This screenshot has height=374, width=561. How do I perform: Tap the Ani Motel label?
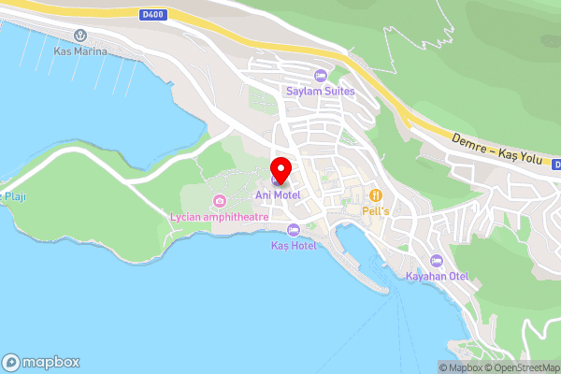coord(279,194)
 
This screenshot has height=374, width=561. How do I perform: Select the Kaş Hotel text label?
coord(294,245)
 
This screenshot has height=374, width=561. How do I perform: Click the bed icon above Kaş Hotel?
coord(294,230)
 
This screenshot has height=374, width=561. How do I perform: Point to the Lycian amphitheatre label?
coord(220,216)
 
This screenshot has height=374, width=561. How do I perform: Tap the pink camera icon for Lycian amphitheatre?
coord(219,201)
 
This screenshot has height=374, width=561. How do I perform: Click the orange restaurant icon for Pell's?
coord(376,195)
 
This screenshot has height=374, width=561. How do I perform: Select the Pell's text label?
coord(376,210)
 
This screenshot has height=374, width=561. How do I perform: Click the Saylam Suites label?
coord(320,91)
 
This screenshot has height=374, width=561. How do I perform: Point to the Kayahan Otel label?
coord(436,276)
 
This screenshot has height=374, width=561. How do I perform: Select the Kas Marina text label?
coord(80,50)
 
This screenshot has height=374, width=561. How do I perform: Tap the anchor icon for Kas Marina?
coord(80,36)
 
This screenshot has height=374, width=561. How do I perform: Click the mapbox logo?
coord(41,362)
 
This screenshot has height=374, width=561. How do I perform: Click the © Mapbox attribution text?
coord(459,367)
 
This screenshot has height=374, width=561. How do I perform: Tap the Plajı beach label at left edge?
coord(13,196)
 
